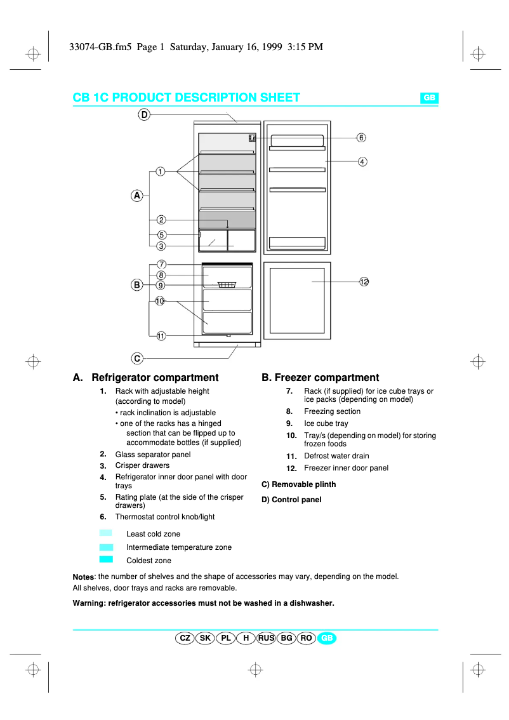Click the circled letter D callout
[144, 114]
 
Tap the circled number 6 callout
[360, 137]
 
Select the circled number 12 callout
[364, 281]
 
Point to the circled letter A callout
[136, 196]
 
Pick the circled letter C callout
[137, 358]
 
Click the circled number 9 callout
[161, 285]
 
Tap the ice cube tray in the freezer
[227, 284]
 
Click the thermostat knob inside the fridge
[252, 138]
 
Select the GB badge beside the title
[429, 98]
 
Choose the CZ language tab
[185, 638]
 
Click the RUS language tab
[267, 638]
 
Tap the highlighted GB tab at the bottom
[327, 638]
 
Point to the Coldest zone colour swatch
[106, 559]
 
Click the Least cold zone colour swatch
[106, 533]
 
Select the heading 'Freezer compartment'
[321, 378]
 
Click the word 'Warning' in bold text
[89, 603]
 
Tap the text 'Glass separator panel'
[153, 455]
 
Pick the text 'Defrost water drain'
[336, 456]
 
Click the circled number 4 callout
[362, 161]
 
